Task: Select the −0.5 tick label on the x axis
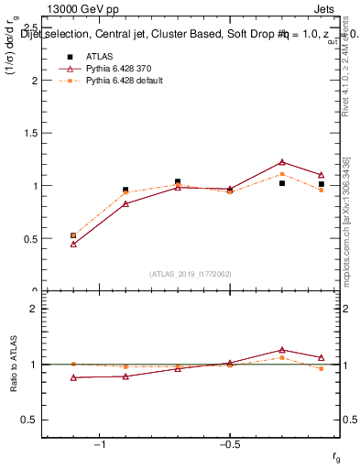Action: click(x=230, y=443)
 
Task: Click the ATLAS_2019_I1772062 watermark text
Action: click(x=191, y=273)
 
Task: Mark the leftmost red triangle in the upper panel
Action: click(x=73, y=244)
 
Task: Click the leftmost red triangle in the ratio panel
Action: click(x=73, y=377)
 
